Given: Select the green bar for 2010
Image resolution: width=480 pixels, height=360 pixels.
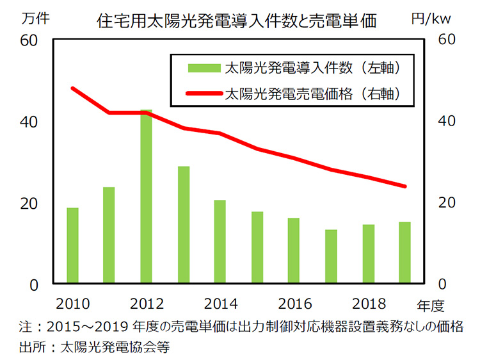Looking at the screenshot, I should coord(72,246).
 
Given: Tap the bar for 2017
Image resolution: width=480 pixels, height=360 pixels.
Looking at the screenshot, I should coord(331,257).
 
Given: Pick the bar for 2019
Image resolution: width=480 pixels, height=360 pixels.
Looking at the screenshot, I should coord(404,253).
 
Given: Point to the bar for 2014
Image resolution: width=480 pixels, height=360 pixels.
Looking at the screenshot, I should coord(220,242).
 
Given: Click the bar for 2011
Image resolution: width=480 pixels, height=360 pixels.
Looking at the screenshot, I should coord(109,236).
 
